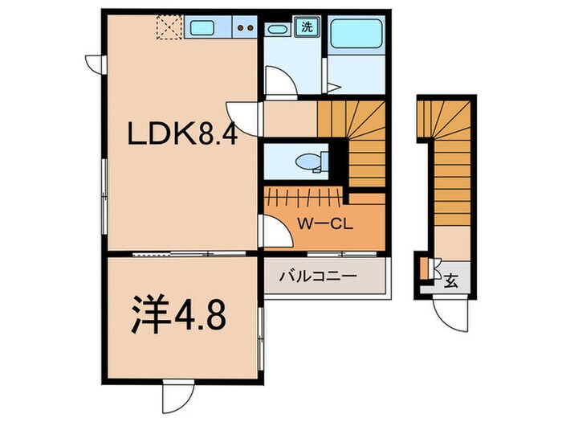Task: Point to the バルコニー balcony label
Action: click(x=318, y=276)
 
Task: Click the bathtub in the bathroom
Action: click(x=358, y=34)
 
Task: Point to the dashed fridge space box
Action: click(x=169, y=29)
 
